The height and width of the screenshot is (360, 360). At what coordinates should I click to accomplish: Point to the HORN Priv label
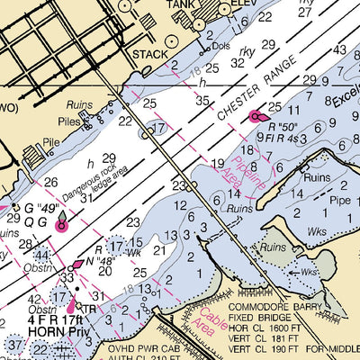click(32, 328)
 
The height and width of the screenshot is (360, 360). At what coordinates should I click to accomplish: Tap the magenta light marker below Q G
click(61, 227)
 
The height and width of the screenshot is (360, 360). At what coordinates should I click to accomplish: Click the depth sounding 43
click(340, 50)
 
